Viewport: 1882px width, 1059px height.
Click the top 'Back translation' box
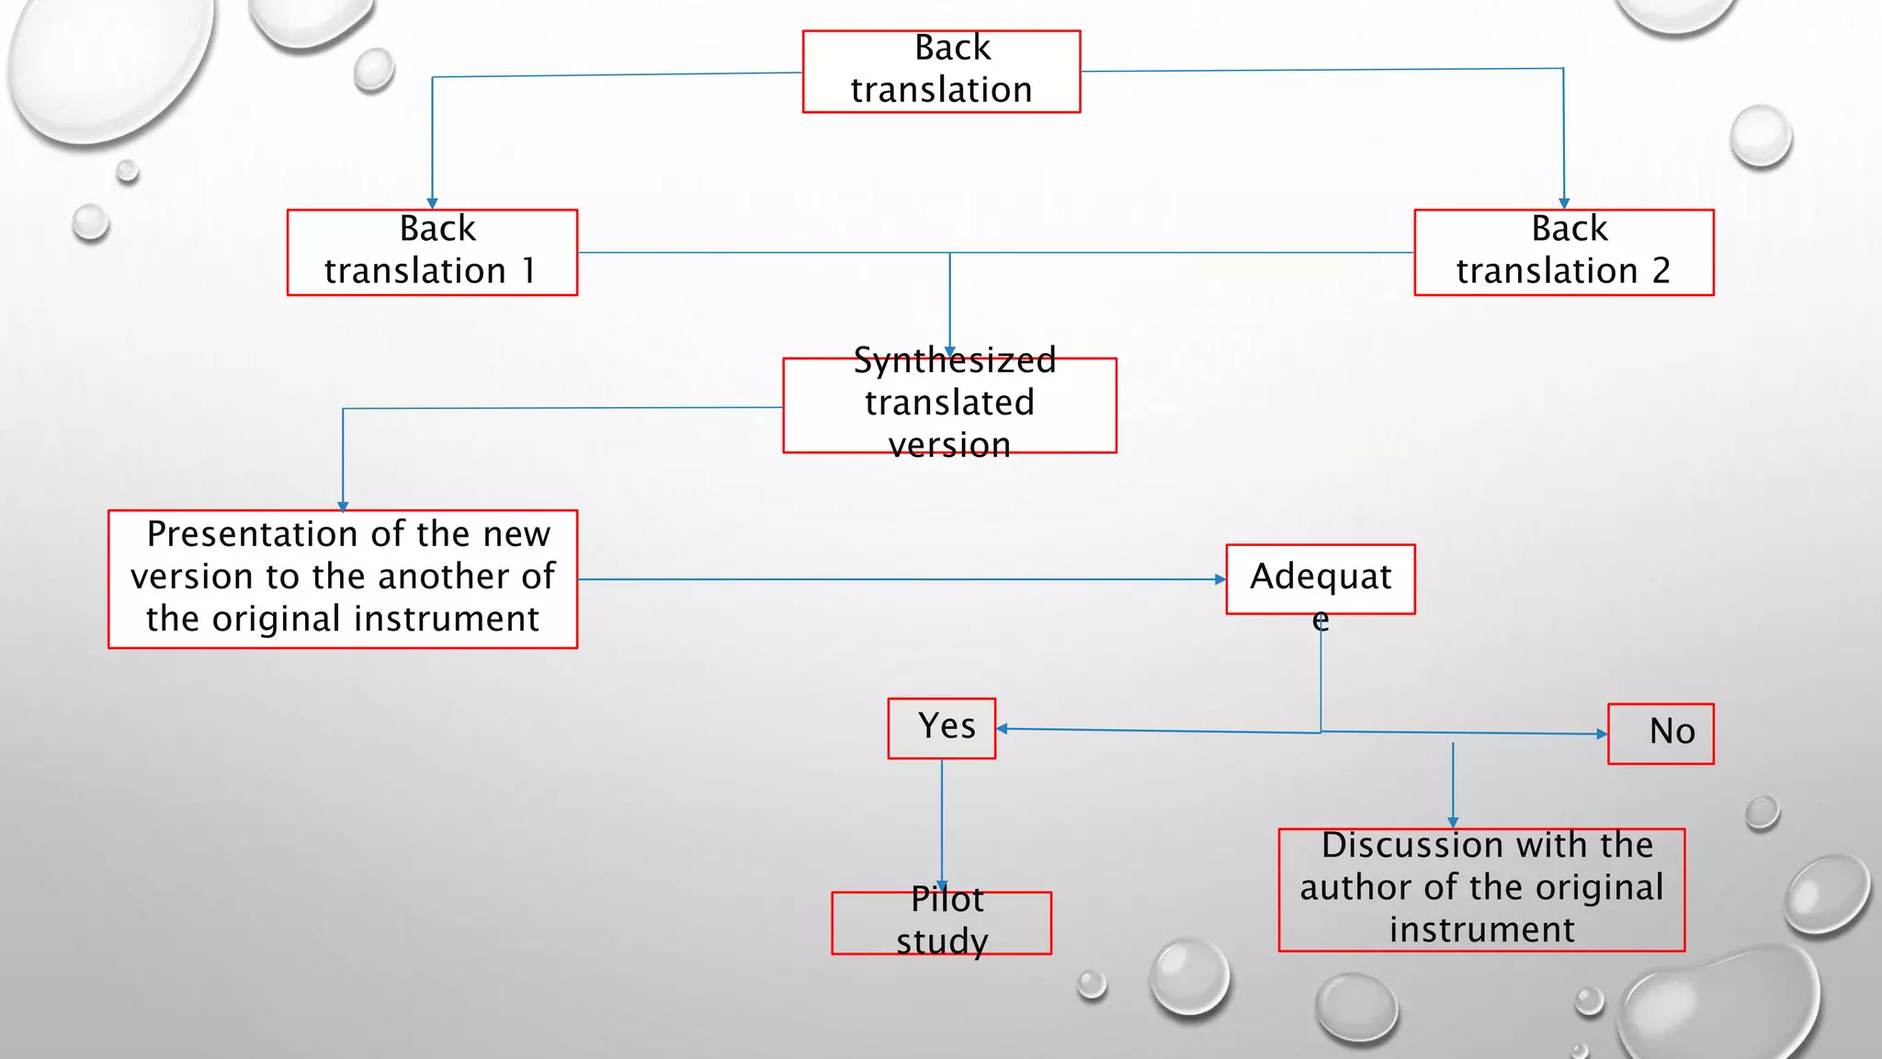(x=941, y=72)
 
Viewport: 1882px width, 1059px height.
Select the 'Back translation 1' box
(x=432, y=252)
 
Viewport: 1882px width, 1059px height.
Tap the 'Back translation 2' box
(x=1563, y=252)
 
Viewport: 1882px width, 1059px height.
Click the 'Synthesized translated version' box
(x=949, y=404)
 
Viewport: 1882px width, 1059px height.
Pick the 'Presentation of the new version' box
(x=342, y=578)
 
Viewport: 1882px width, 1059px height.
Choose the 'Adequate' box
(x=1320, y=578)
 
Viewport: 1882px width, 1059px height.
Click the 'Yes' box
(x=941, y=728)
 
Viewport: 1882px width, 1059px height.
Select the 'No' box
(x=1660, y=733)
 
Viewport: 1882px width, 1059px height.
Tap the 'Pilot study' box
(x=941, y=922)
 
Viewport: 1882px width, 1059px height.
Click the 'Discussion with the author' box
(x=1480, y=889)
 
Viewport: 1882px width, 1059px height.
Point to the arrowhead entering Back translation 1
(x=432, y=203)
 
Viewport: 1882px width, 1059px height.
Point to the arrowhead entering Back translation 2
(x=1563, y=203)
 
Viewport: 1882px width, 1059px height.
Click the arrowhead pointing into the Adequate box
(x=1219, y=579)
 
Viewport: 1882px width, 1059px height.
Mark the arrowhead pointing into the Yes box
(x=1003, y=729)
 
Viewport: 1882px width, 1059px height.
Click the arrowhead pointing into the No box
(x=1602, y=734)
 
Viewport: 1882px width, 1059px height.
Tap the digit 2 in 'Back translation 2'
(x=1661, y=271)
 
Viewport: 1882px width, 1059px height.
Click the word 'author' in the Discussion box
(x=1356, y=888)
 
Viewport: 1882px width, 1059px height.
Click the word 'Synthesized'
(x=954, y=360)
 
